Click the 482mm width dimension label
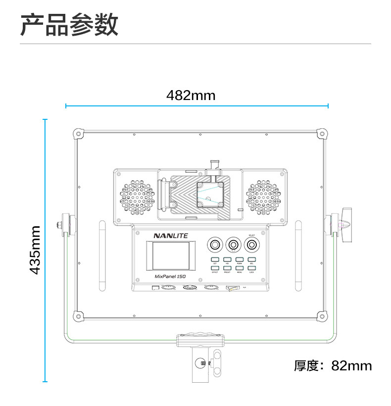tap(191, 95)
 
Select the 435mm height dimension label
tap(35, 250)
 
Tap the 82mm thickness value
tap(351, 366)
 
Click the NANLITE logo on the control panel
tap(170, 236)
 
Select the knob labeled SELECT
tap(252, 245)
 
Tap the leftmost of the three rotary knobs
tap(215, 245)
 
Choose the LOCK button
tap(252, 268)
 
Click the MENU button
tap(240, 268)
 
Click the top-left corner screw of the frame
tap(78, 134)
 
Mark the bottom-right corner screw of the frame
tap(322, 315)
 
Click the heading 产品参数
tap(69, 24)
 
